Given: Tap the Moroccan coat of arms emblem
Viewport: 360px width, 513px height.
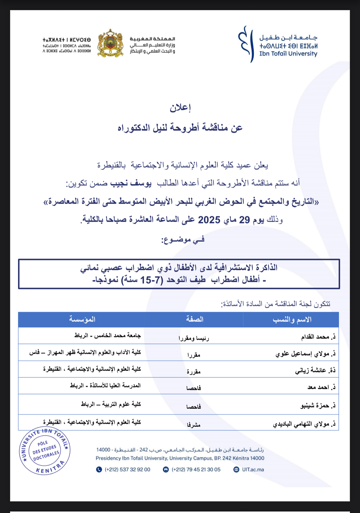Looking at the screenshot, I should (x=111, y=43).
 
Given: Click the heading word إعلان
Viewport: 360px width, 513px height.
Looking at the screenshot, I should (x=180, y=108).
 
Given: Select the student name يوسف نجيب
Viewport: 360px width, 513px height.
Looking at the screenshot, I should (x=141, y=183).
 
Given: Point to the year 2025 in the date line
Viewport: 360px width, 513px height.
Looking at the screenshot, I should (x=209, y=220).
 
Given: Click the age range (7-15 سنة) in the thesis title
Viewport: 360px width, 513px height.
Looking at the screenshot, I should (x=143, y=280).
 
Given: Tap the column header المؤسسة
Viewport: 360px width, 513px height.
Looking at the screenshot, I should (x=82, y=320).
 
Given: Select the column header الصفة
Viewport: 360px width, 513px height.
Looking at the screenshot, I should (x=195, y=320).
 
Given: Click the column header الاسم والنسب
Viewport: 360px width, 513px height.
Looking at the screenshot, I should (x=292, y=320).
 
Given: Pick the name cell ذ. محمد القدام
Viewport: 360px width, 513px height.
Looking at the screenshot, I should (x=318, y=337).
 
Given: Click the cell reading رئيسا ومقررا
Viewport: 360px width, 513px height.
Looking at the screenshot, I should (x=194, y=338).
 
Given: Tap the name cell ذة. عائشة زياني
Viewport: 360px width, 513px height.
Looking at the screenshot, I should (x=315, y=371).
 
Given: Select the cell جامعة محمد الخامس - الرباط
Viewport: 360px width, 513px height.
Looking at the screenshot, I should (x=107, y=335).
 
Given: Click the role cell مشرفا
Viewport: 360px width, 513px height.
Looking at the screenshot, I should (x=194, y=425).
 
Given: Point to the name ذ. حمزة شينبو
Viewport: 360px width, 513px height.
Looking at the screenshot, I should (x=318, y=406).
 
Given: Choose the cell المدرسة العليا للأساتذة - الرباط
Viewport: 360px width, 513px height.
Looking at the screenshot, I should (x=105, y=386).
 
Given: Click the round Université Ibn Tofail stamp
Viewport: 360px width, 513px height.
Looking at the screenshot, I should (x=45, y=451).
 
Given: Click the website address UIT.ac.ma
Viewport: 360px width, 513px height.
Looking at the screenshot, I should (x=253, y=470).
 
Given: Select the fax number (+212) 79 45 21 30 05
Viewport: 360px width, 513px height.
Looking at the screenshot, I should (x=196, y=470).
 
